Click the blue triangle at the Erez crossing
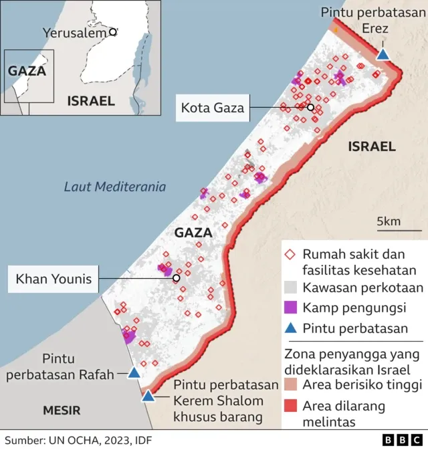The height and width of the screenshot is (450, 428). tap(383, 54)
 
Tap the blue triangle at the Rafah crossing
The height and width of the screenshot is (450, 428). tap(134, 373)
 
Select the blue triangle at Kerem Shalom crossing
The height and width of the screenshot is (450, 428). tap(148, 396)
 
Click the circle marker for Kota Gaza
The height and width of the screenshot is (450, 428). tap(310, 107)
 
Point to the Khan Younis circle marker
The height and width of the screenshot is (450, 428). tap(176, 278)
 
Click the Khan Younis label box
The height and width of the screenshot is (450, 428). tap(53, 278)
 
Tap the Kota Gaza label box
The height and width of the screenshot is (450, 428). tap(211, 107)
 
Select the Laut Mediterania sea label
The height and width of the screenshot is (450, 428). tap(114, 187)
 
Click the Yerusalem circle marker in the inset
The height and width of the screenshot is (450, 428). tap(113, 31)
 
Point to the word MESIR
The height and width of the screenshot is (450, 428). tap(62, 410)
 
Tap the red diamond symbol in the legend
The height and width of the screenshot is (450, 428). tap(290, 255)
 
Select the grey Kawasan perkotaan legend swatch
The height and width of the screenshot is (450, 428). tap(290, 288)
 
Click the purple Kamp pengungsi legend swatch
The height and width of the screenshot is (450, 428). tap(290, 308)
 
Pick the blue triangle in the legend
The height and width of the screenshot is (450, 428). tap(290, 328)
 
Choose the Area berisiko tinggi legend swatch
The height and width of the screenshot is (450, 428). tap(290, 385)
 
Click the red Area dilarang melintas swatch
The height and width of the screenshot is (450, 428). tap(290, 405)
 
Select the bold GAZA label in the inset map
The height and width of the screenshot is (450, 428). tap(25, 70)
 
